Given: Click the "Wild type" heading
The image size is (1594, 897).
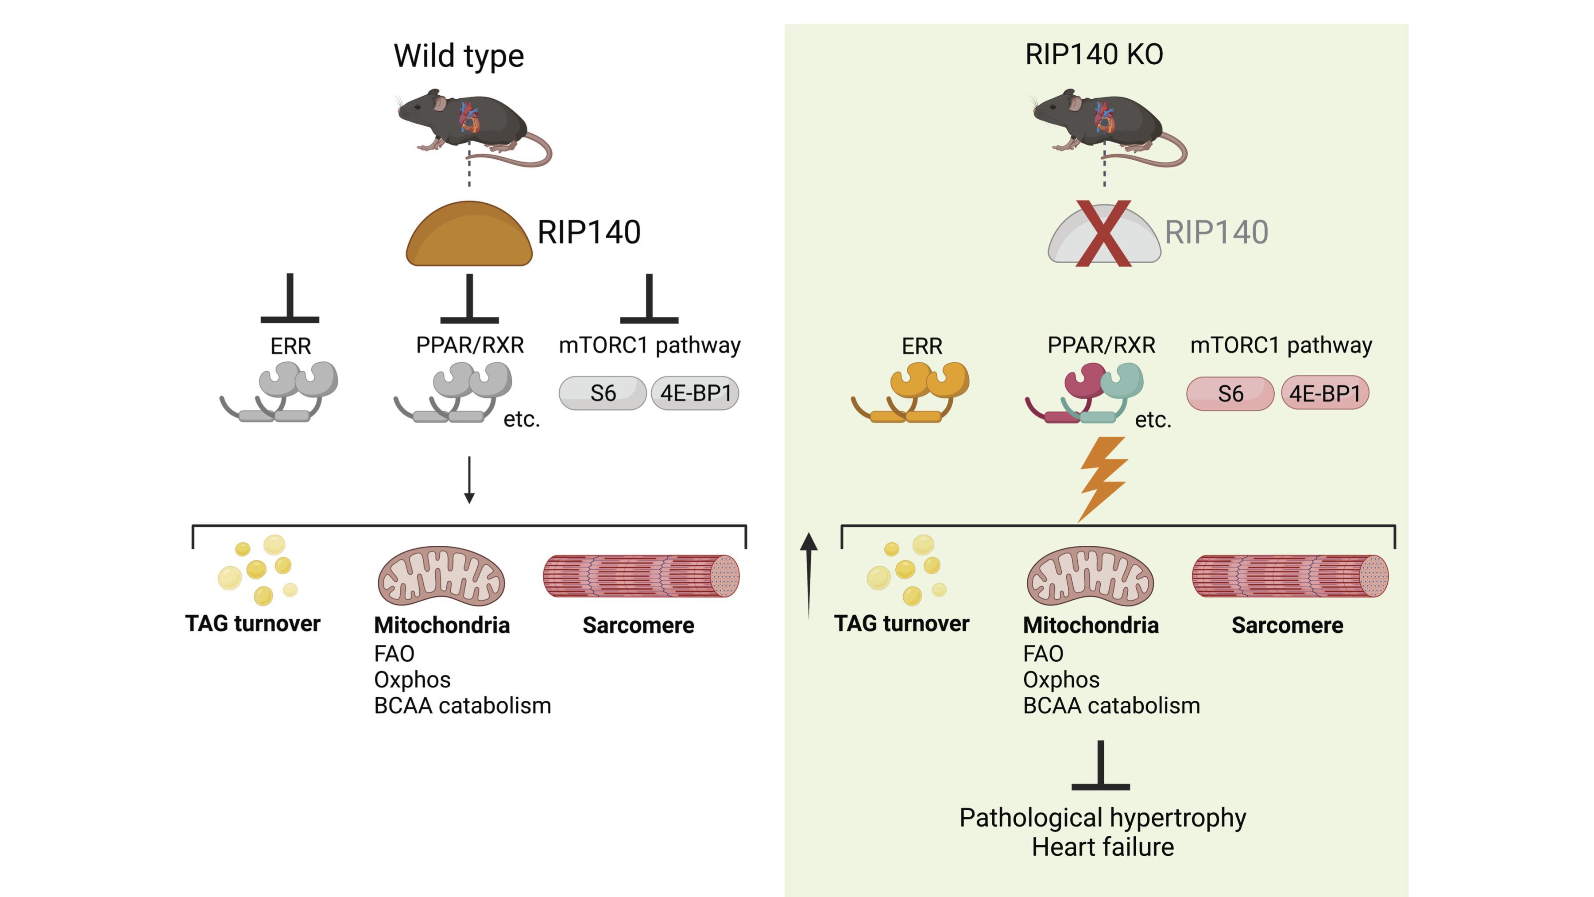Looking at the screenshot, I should coord(459,56).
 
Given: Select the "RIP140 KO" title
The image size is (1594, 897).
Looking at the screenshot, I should coord(1093,54).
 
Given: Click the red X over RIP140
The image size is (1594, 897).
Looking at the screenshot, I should coord(1103,233).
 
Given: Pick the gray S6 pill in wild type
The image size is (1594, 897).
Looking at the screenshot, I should coord(602,393).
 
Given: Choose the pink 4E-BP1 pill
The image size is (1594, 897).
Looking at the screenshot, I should coord(1324,393).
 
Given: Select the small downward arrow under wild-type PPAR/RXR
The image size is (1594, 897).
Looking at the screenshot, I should coord(469,480).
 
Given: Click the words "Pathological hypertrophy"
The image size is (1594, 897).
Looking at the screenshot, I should coord(1102,818).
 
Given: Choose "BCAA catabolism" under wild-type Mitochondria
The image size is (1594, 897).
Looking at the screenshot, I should coord(462,706).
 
